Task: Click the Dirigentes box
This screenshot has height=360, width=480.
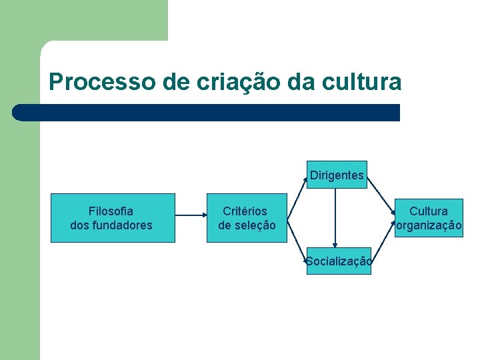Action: (x=337, y=175)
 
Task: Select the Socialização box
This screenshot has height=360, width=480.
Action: (x=339, y=261)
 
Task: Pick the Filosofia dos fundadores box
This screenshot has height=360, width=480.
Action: (x=113, y=218)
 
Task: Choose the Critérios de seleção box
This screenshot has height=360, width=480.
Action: (x=247, y=218)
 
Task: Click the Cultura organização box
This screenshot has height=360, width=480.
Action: (x=429, y=218)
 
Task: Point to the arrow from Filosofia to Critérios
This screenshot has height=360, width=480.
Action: (x=191, y=215)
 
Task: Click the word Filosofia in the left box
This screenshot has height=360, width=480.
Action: (x=111, y=211)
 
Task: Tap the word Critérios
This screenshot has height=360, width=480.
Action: (x=245, y=211)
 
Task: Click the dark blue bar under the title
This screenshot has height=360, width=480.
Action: (x=207, y=113)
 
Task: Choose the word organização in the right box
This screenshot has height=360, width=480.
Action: (x=429, y=225)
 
